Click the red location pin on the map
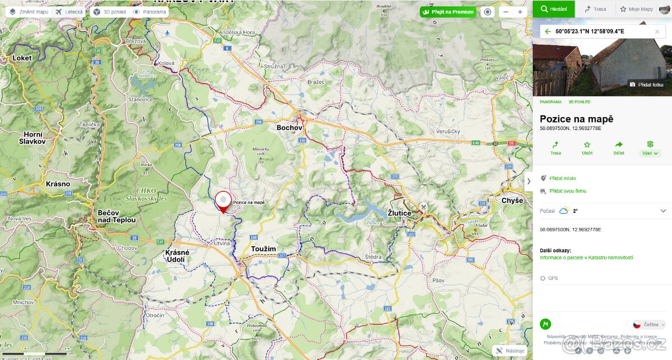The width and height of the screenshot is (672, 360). (223, 200)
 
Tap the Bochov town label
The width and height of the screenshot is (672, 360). (290, 128)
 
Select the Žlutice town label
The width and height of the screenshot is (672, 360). (399, 213)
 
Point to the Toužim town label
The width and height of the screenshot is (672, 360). (264, 248)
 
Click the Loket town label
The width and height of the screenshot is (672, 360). (22, 58)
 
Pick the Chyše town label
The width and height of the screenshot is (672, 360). (512, 200)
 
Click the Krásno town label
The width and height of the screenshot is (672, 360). (58, 184)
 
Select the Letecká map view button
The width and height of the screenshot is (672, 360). (69, 12)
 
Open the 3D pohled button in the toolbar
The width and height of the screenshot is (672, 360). (109, 12)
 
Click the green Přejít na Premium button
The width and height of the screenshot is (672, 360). (448, 12)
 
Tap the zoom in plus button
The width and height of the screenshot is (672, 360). (520, 12)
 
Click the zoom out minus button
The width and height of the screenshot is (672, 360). (506, 12)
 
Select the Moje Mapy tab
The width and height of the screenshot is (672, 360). (636, 9)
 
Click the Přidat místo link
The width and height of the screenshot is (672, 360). (562, 178)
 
